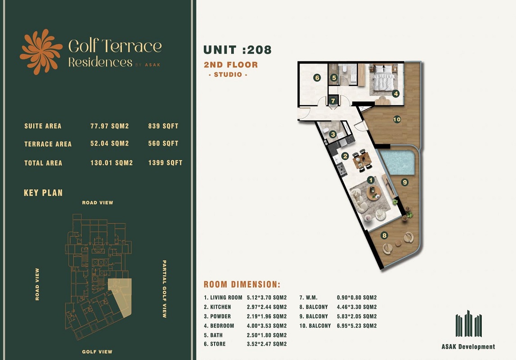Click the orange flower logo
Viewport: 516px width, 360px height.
[x=41, y=52]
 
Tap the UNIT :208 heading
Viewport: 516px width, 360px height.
[x=238, y=49]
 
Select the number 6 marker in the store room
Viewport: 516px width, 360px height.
[x=317, y=78]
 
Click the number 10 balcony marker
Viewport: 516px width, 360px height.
[x=396, y=119]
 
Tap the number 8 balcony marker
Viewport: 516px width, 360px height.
[x=384, y=235]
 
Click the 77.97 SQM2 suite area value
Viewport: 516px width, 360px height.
[x=110, y=126]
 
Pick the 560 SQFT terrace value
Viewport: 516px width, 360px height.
[x=163, y=144]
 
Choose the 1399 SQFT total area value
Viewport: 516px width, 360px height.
[x=165, y=163]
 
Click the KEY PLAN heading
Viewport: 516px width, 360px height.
[x=43, y=193]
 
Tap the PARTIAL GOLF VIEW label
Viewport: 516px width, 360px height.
[x=164, y=289]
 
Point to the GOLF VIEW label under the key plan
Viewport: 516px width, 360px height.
[x=97, y=351]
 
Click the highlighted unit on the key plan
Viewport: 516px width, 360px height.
[x=120, y=295]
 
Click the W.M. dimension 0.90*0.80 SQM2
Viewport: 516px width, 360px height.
[x=356, y=297]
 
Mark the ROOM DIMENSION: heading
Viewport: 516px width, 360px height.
[x=242, y=284]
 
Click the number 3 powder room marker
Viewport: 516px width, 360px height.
[x=332, y=134]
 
